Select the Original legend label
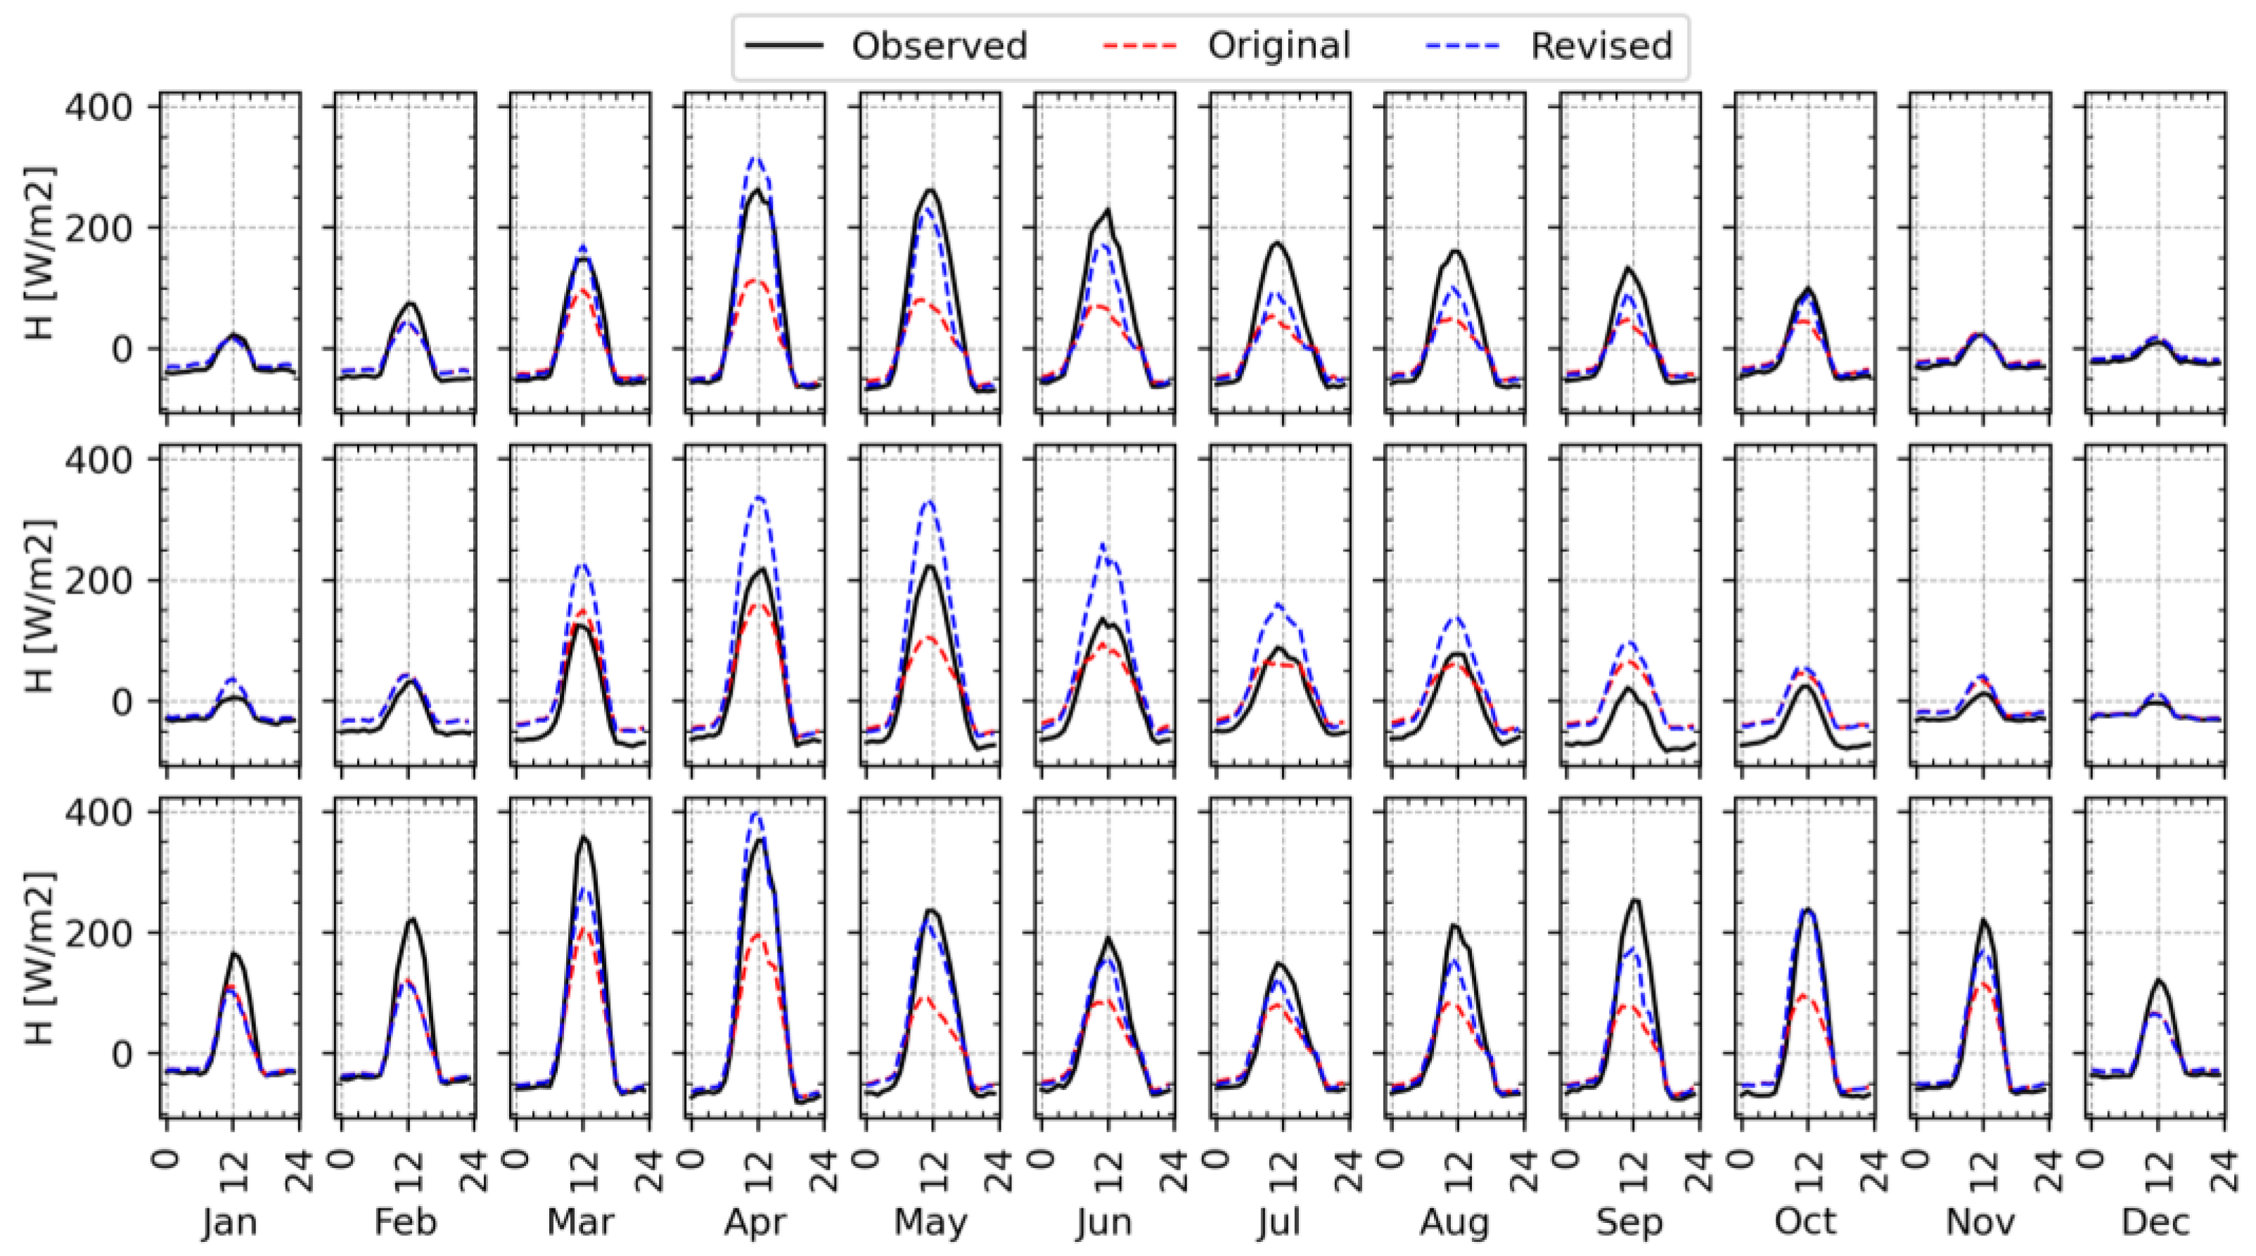pos(1278,46)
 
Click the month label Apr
pos(755,1222)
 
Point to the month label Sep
pos(1629,1222)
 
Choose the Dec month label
pos(2155,1222)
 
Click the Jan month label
pos(229,1222)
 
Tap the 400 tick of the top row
pos(98,107)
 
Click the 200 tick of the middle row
pos(98,581)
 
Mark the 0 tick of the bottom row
pos(122,1053)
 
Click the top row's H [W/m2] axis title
pos(39,254)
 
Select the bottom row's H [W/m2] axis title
pos(39,959)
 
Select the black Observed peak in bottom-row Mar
pos(583,838)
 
